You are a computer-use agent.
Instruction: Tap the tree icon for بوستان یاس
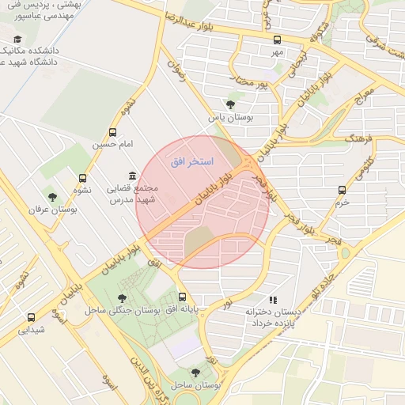pos(230,104)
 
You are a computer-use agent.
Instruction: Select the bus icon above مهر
pos(277,40)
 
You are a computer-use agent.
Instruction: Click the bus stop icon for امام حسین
pos(112,133)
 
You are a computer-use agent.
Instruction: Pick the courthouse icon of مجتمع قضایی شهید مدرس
pos(131,176)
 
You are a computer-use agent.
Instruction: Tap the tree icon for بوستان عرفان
pos(52,197)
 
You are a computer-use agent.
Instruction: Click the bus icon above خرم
pos(342,190)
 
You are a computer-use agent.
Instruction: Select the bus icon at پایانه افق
pos(183,297)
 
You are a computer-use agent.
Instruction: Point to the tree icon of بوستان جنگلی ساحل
pos(121,297)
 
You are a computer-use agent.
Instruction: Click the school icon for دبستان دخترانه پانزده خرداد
pos(273,300)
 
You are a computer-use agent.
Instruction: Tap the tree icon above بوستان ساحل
pos(195,372)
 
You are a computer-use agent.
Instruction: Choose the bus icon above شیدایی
pos(31,317)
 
